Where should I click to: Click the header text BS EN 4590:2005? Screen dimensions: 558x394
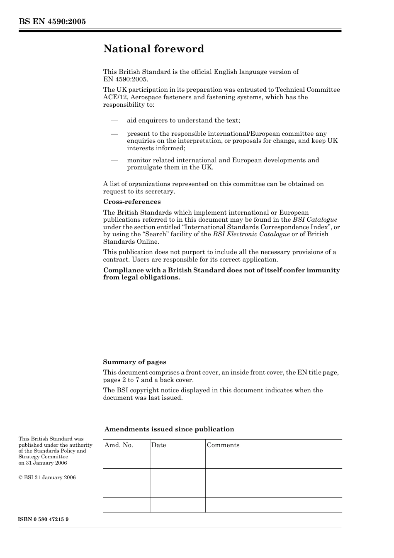52,22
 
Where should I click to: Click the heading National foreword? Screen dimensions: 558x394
153,49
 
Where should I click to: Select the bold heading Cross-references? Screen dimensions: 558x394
132,202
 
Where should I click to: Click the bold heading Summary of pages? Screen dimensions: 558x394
134,362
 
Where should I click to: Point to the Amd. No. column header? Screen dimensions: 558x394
119,445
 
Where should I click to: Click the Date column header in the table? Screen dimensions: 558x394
158,445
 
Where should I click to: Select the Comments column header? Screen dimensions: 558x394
223,445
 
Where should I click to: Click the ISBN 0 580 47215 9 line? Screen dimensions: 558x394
44,519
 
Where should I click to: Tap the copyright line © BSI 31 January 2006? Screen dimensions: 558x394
47,477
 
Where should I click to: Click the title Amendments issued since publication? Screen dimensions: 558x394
169,429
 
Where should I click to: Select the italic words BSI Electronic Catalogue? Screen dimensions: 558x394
251,234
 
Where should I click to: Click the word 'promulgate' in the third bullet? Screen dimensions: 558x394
144,167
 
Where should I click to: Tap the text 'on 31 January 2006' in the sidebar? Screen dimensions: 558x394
43,463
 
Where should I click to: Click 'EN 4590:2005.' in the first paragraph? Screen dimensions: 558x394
125,79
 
